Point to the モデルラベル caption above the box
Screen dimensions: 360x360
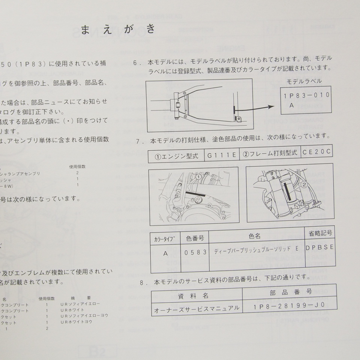[304, 81]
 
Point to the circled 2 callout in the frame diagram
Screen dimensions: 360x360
[304, 184]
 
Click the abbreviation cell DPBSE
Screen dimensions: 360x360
[319, 248]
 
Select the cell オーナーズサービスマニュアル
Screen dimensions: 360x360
[197, 309]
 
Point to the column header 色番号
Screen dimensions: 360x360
[195, 237]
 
